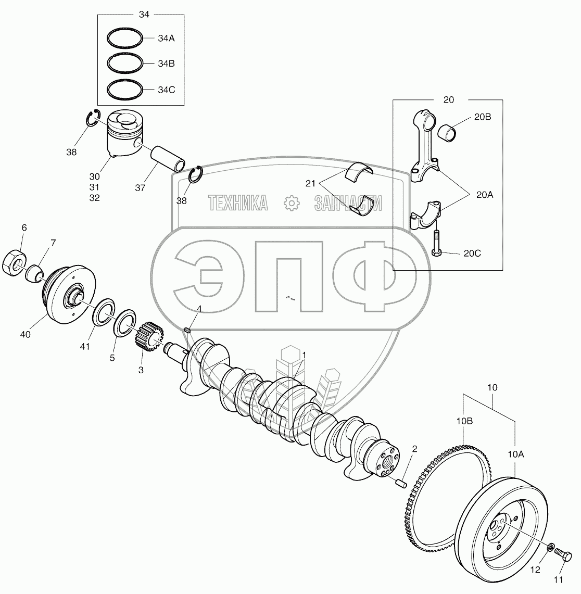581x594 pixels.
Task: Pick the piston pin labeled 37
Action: [168, 160]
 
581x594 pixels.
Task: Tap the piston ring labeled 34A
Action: [125, 38]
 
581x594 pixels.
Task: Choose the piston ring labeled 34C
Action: [125, 89]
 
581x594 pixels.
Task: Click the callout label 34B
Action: [166, 64]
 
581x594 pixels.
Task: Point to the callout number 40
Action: [25, 334]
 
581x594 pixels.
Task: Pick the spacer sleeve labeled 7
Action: [34, 272]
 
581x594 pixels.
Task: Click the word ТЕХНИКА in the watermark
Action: [238, 203]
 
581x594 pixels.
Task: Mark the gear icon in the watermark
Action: [290, 203]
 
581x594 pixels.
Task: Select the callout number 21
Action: [311, 183]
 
